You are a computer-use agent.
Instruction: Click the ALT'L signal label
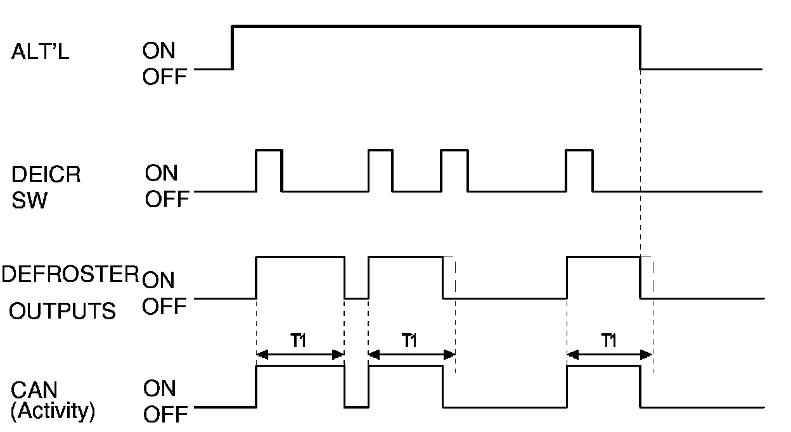(40, 52)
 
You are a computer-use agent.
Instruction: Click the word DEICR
(46, 174)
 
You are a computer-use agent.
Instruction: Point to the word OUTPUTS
(62, 311)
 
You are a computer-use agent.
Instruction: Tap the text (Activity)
(53, 412)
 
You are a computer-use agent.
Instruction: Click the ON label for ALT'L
(159, 51)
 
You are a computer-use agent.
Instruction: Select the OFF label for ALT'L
(165, 77)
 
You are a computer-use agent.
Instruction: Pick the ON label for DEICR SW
(162, 173)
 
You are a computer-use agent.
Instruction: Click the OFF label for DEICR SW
(167, 200)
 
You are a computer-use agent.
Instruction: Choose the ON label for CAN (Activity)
(160, 388)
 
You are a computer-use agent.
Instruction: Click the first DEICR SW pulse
(269, 169)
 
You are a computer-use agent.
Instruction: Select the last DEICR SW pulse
(580, 169)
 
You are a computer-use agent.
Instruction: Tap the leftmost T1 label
(299, 341)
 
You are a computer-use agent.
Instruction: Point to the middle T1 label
(410, 341)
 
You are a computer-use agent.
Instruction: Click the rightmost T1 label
(609, 341)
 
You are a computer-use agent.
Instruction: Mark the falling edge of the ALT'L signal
(641, 47)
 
